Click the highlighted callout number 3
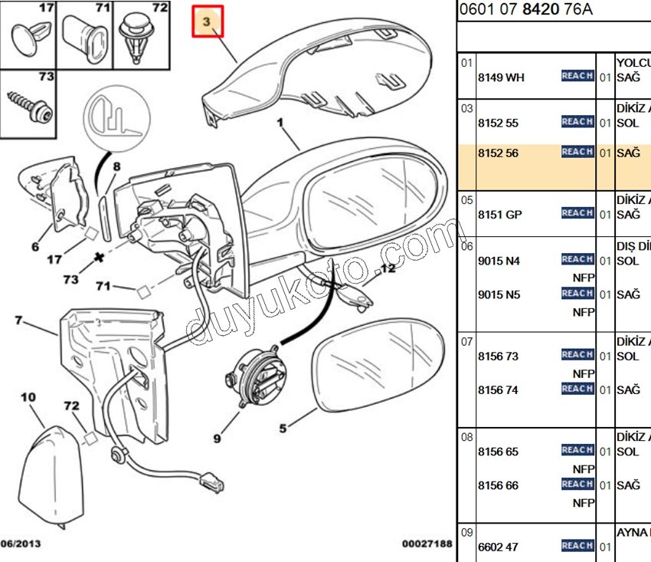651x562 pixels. tap(207, 23)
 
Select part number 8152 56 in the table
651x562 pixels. tap(498, 153)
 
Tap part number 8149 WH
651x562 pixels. tap(501, 77)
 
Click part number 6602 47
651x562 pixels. tap(498, 547)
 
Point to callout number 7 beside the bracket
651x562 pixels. tap(18, 320)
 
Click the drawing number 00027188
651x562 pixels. tap(427, 544)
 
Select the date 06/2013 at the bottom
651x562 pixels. tap(21, 544)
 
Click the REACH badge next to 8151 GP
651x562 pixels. tap(577, 213)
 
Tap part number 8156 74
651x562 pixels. tap(498, 389)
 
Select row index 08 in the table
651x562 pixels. tap(466, 436)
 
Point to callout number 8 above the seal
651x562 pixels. tap(116, 166)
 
